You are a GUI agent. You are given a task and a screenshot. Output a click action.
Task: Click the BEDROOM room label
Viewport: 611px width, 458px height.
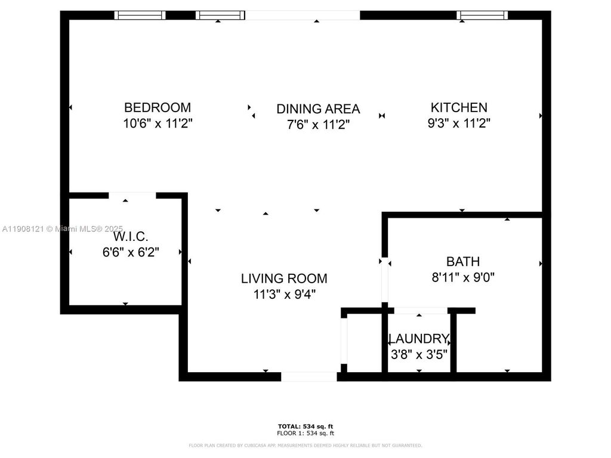tap(158, 107)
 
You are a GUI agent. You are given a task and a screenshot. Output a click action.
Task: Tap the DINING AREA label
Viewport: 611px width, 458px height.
tap(318, 109)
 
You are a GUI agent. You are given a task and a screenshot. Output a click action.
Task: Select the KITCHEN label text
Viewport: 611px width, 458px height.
tap(459, 107)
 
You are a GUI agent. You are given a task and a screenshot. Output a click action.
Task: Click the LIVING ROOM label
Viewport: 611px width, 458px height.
tap(284, 278)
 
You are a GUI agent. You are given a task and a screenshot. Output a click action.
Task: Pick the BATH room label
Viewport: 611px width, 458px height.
tap(463, 261)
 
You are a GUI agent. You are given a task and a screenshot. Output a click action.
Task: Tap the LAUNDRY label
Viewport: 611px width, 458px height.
tap(418, 338)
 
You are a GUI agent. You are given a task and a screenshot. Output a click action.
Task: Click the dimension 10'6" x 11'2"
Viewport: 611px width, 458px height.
tap(158, 123)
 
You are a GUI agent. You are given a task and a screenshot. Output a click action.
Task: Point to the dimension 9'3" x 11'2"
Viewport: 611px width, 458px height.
tap(459, 123)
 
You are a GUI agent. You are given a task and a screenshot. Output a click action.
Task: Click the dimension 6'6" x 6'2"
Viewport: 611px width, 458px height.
tap(131, 252)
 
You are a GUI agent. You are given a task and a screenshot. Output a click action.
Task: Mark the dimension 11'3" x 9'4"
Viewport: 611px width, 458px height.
tap(284, 294)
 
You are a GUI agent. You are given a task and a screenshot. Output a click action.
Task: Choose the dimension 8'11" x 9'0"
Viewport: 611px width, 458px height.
tap(463, 277)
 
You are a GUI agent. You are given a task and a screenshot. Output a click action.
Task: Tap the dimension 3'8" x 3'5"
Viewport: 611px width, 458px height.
tap(418, 354)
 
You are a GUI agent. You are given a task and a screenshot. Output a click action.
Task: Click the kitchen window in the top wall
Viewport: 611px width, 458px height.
tap(482, 15)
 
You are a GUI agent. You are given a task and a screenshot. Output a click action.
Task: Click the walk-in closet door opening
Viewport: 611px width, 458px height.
tap(132, 195)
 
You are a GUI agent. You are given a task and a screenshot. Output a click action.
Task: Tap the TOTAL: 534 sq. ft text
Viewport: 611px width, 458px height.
tap(305, 426)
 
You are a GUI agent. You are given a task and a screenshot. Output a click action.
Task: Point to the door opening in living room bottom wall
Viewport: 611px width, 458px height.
tap(309, 376)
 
